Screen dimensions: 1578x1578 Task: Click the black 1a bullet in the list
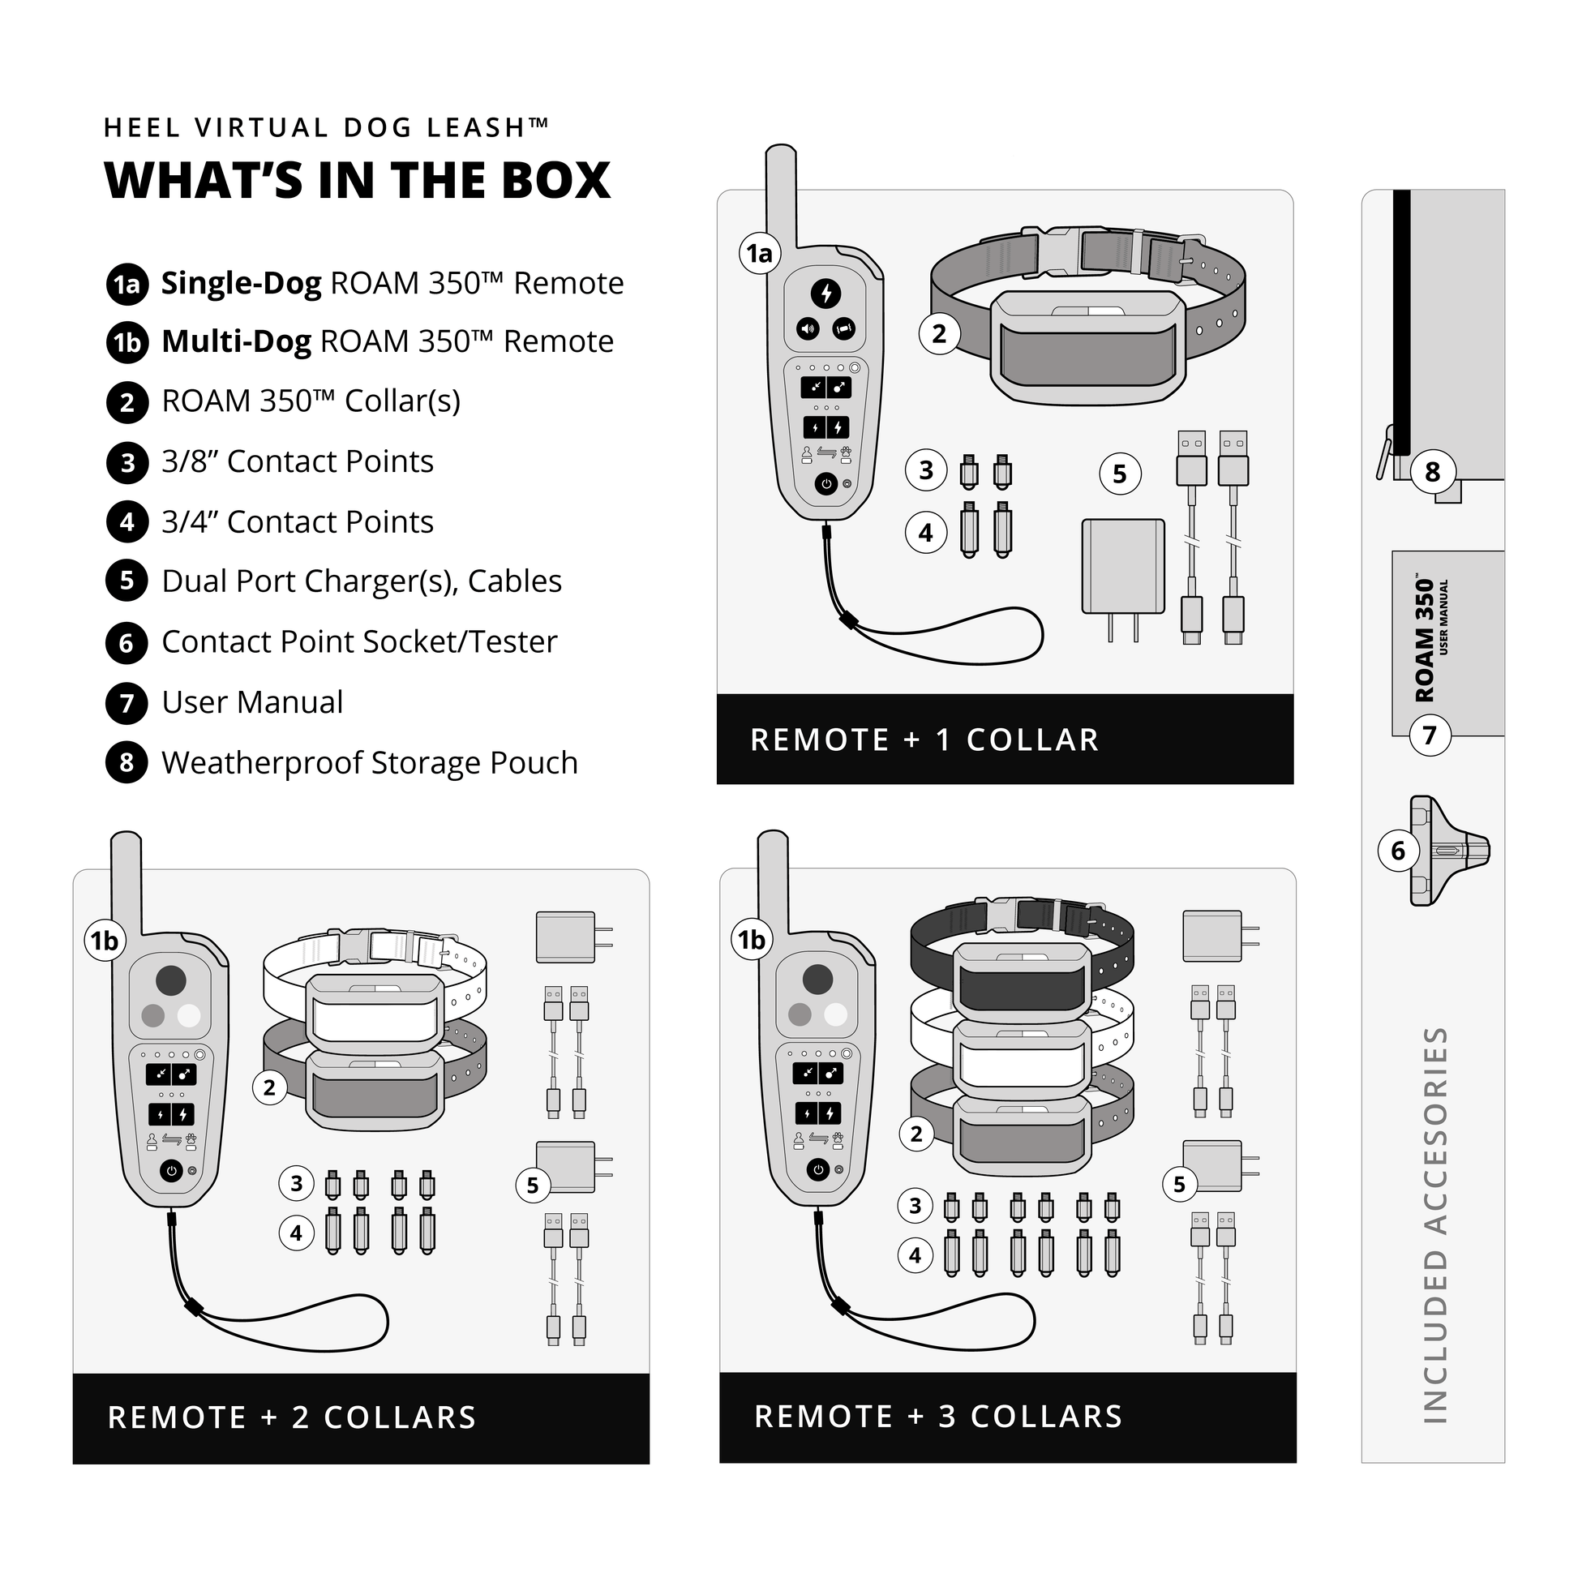[127, 285]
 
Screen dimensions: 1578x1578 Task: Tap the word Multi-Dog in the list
[236, 342]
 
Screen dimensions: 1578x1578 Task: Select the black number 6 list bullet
[126, 644]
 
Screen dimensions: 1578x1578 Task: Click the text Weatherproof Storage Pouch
[369, 763]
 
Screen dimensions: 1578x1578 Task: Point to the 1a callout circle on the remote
[760, 254]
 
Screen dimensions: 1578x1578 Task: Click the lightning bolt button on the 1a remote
[826, 294]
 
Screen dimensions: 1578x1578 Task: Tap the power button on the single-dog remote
[826, 484]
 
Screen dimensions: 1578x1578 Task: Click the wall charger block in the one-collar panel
[1123, 567]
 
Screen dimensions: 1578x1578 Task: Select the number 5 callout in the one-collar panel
[1120, 474]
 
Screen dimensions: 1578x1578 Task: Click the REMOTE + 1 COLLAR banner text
[924, 740]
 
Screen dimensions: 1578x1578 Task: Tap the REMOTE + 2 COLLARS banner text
[292, 1418]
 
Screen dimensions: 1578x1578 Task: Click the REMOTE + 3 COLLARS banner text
[938, 1417]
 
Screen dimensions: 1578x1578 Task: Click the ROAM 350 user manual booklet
[1447, 644]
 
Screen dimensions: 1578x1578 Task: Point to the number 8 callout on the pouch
[1433, 472]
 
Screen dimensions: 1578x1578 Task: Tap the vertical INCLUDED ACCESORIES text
[1435, 1225]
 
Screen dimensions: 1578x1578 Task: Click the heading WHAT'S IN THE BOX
[358, 182]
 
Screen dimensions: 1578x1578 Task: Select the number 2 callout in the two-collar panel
[269, 1088]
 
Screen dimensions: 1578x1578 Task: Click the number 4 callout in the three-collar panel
[915, 1256]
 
